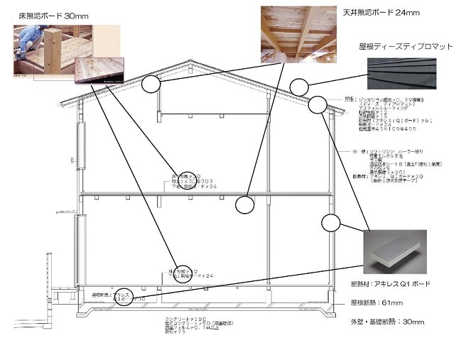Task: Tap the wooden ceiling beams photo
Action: tap(298, 33)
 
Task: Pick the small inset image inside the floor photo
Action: tap(104, 70)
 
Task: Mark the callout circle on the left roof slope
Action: tap(151, 84)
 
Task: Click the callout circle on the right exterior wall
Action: tap(332, 223)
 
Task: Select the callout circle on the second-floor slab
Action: tap(244, 204)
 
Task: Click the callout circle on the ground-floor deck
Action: tap(183, 273)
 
